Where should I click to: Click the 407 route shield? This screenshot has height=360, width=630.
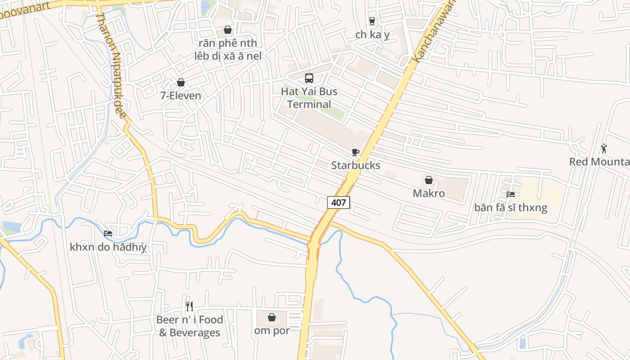[338, 202]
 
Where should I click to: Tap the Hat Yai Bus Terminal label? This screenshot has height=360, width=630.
[309, 98]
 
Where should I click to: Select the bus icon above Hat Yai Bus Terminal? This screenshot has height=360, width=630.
[309, 78]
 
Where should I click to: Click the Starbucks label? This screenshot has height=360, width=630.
[355, 165]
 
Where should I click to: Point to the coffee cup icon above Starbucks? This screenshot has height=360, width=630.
[355, 152]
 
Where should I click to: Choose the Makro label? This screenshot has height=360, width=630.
[429, 193]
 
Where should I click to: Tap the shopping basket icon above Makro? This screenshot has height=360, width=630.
[429, 180]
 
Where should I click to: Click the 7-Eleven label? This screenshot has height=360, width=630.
[181, 95]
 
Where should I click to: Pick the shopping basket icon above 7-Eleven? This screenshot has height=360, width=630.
[181, 82]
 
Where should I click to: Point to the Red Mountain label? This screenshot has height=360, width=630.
[599, 162]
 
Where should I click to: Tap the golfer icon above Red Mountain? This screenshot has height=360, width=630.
[604, 148]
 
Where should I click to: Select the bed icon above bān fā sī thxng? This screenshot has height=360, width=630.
[511, 194]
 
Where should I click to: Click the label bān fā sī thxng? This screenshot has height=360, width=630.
[511, 207]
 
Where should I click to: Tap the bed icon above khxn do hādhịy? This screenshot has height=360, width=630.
[108, 233]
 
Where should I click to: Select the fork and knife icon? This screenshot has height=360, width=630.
[189, 306]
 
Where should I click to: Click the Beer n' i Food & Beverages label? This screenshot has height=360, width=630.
[189, 326]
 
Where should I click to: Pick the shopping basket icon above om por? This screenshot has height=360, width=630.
[272, 317]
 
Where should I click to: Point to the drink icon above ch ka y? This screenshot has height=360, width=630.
[372, 21]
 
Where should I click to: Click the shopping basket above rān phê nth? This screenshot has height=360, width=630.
[228, 30]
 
